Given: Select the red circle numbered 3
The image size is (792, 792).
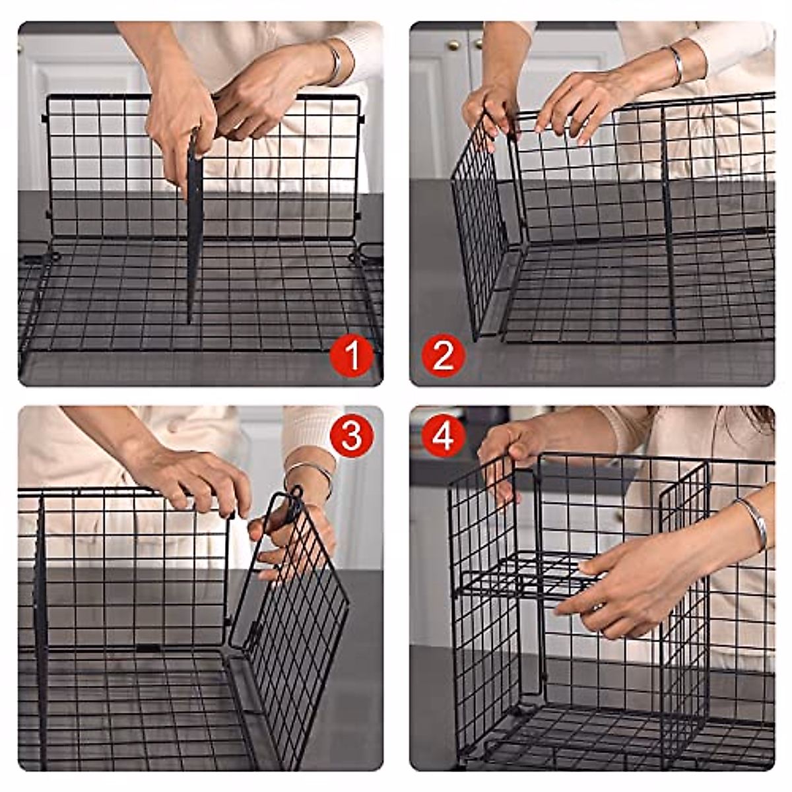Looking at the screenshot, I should pyautogui.click(x=352, y=436).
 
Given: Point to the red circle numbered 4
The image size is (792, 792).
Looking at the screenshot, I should pyautogui.click(x=444, y=436).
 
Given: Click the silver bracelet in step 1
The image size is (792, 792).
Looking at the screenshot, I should pyautogui.click(x=335, y=64).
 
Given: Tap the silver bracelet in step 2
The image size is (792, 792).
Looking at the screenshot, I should pyautogui.click(x=675, y=65).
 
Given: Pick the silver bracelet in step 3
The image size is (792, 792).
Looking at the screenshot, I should pyautogui.click(x=310, y=472).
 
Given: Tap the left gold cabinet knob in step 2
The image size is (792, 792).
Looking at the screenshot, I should pyautogui.click(x=453, y=45).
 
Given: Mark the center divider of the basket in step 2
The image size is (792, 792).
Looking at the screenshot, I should pyautogui.click(x=669, y=218).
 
